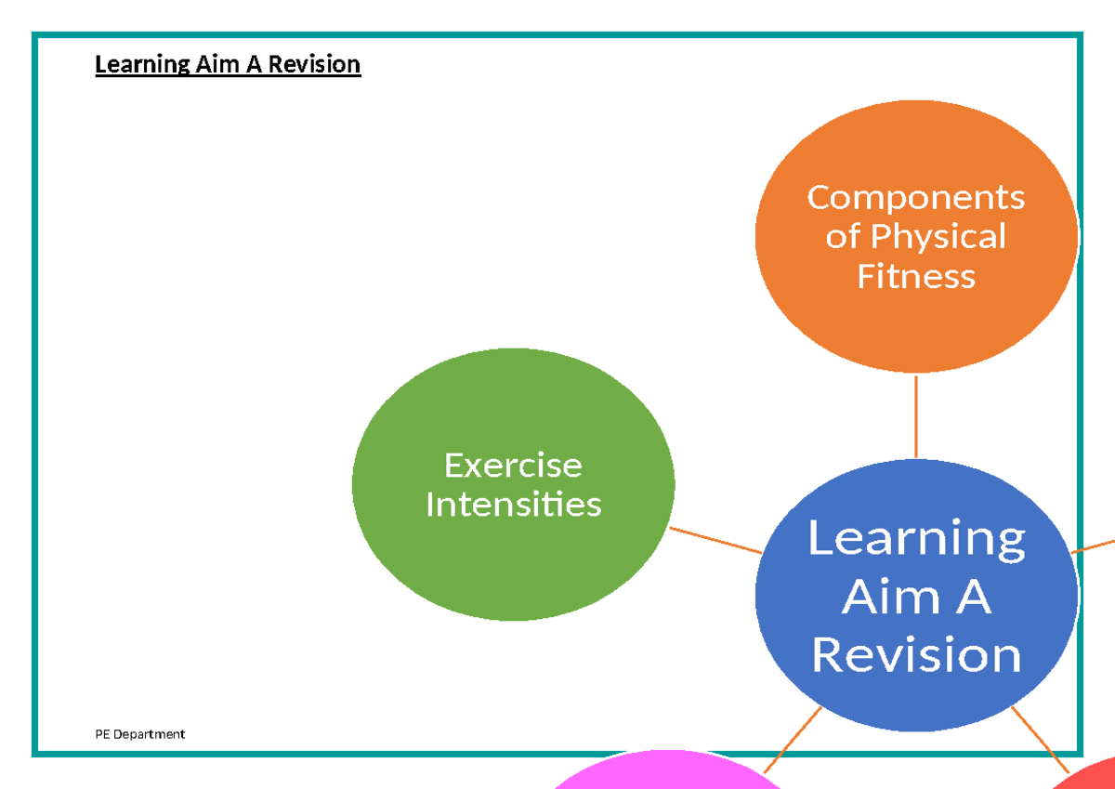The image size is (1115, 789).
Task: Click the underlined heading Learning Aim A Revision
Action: pos(228,64)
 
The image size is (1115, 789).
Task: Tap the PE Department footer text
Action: pos(139,734)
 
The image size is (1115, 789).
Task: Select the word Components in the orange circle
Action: pos(915,197)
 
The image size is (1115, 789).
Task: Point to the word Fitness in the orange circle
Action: pos(915,276)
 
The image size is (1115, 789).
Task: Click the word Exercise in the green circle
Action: pos(513,464)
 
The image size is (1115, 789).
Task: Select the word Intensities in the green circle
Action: pos(513,504)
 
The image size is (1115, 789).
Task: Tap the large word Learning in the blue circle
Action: pos(916,538)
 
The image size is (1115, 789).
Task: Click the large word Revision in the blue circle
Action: pos(916,655)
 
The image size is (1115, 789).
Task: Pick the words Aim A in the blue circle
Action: pos(916,597)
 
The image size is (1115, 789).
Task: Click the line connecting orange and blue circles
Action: pos(916,416)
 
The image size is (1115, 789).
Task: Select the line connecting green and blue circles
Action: pos(715,540)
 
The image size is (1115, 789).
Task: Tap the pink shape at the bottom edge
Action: pos(667,773)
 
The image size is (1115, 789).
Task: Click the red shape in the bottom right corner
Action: pos(1092,776)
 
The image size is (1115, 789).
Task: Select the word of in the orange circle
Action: pos(842,237)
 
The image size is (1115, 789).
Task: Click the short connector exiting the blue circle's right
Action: pos(1095,545)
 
